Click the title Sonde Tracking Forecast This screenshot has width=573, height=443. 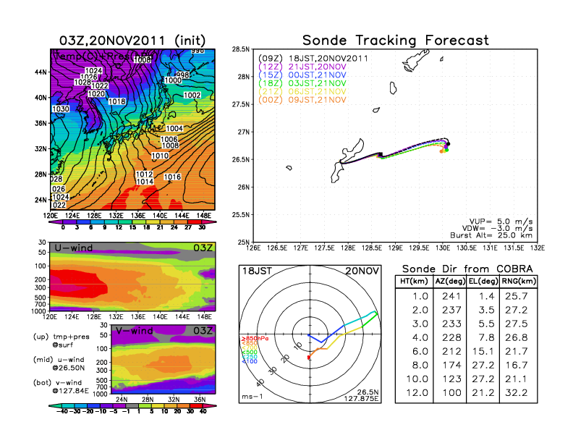pyautogui.click(x=395, y=40)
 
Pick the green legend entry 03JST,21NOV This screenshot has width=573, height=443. pyautogui.click(x=312, y=84)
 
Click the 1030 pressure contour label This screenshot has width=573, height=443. pyautogui.click(x=61, y=109)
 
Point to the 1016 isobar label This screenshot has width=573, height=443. pyautogui.click(x=173, y=177)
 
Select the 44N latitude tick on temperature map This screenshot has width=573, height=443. pyautogui.click(x=41, y=72)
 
